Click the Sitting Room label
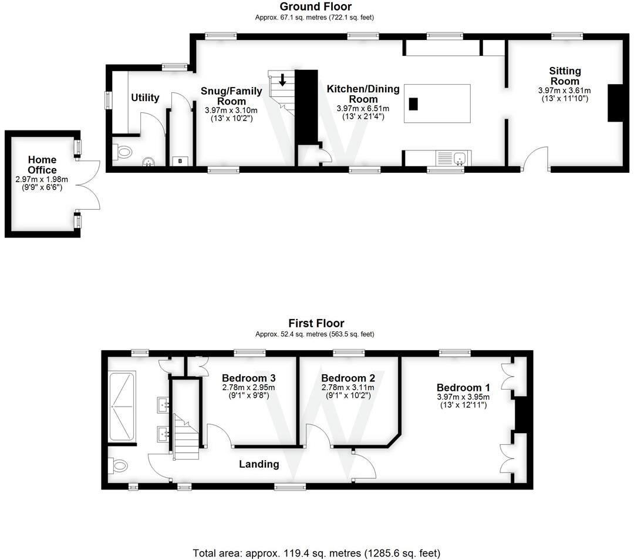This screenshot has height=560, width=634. coord(564,76)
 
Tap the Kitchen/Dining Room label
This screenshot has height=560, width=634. coord(363,93)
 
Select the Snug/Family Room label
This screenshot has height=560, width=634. coord(231,96)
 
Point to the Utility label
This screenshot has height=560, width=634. coord(145,98)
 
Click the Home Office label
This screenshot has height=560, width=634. coord(42,165)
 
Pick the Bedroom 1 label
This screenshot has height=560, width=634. coord(463,388)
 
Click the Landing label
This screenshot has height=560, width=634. coord(259,464)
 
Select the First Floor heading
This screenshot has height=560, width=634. coord(316,323)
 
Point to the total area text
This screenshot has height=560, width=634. coord(316,553)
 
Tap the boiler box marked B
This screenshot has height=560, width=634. coord(179,161)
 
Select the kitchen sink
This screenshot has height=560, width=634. coord(460,157)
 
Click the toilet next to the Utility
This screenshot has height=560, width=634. coord(123,153)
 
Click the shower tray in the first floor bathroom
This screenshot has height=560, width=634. coord(121,407)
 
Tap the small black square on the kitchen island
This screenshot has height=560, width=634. coord(413,104)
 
